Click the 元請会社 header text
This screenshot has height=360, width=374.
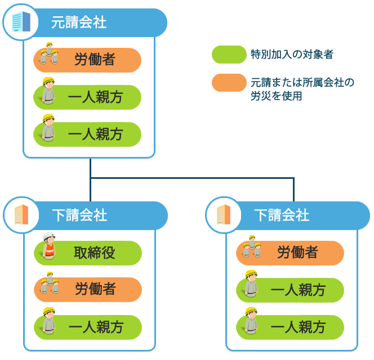tap(79, 22)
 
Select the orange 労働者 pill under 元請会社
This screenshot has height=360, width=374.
tap(87, 60)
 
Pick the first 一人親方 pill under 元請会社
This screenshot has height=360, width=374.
tap(87, 97)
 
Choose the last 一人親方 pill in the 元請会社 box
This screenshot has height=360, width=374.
tap(87, 134)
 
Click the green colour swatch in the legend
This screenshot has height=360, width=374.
tap(229, 55)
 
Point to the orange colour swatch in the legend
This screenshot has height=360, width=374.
tap(229, 83)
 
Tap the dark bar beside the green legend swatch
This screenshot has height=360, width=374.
tap(292, 54)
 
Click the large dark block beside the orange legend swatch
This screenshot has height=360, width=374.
tap(302, 89)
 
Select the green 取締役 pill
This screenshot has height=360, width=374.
tap(88, 253)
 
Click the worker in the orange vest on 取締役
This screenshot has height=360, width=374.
tap(49, 247)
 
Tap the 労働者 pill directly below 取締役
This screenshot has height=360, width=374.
tap(88, 290)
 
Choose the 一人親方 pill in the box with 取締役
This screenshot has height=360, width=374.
tap(88, 327)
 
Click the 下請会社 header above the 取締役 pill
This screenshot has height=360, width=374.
tap(79, 215)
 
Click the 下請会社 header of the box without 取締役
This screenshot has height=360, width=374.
tap(282, 215)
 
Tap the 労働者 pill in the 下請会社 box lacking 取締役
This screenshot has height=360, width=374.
tap(290, 253)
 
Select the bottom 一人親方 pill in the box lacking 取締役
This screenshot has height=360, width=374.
tap(290, 327)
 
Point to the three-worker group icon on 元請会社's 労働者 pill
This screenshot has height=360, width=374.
tap(49, 55)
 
